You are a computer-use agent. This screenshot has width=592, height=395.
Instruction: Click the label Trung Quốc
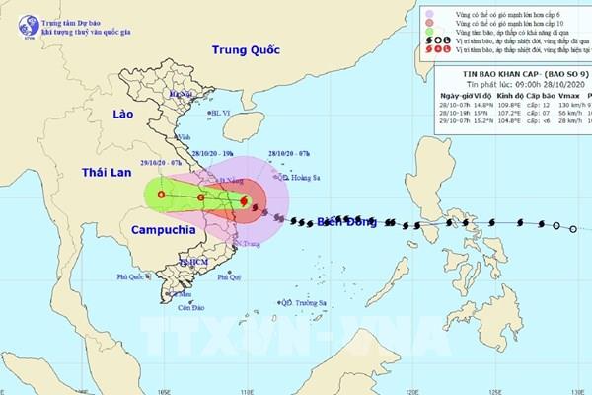click(x=245, y=51)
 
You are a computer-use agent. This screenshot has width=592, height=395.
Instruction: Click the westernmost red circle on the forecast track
click(x=160, y=196)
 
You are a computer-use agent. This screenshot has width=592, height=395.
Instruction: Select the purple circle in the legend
click(x=430, y=15)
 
